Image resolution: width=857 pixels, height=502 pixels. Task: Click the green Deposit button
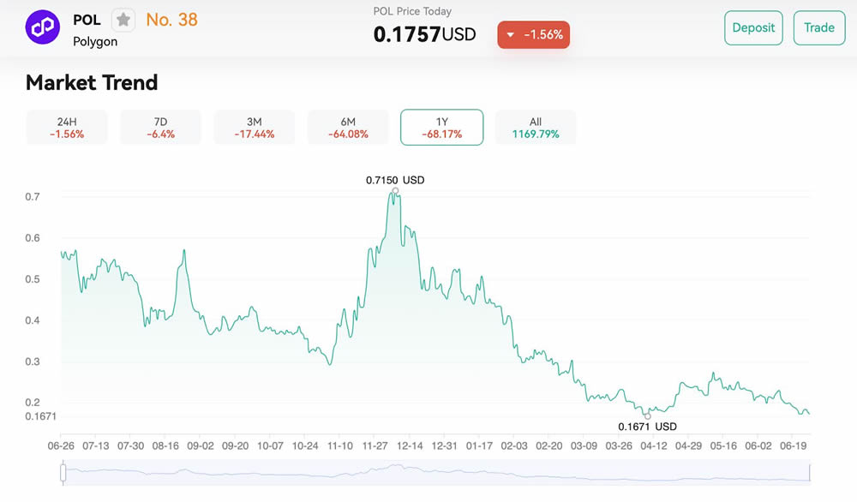click(753, 27)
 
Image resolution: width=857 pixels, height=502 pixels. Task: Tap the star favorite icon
click(123, 20)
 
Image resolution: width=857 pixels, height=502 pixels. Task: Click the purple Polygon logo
click(42, 27)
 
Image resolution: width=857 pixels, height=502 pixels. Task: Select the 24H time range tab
click(67, 127)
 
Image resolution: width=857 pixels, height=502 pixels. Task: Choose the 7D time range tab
click(160, 127)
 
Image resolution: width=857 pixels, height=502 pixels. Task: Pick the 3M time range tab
click(254, 127)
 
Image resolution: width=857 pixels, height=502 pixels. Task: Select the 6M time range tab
click(348, 127)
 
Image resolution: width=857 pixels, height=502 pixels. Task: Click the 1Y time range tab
click(441, 127)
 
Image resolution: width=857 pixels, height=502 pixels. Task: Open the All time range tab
click(536, 127)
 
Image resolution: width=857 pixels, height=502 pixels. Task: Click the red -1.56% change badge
click(534, 35)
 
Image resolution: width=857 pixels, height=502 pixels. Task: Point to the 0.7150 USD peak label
click(395, 180)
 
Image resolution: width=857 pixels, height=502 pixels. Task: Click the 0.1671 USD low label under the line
click(647, 427)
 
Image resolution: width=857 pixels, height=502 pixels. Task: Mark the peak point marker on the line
click(395, 190)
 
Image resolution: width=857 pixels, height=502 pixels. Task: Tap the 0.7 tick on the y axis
click(33, 197)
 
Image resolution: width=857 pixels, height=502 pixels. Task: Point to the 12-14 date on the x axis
click(410, 445)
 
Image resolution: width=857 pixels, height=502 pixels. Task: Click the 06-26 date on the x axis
click(62, 445)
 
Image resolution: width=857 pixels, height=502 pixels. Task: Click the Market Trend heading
click(92, 83)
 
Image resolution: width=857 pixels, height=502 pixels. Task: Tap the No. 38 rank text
click(171, 19)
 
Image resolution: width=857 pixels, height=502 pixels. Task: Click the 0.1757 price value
click(407, 34)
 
